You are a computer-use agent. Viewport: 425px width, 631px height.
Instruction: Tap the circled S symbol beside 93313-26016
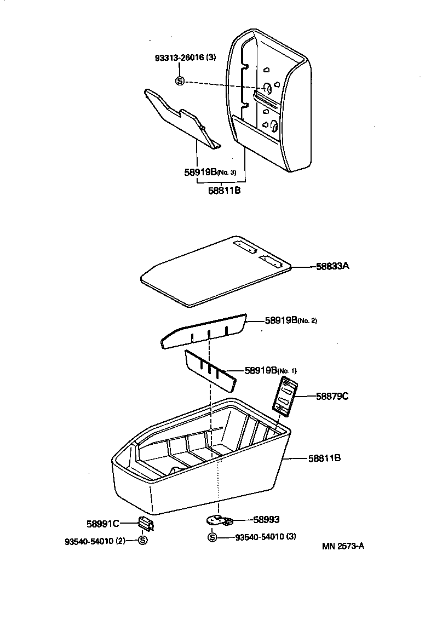click(x=179, y=81)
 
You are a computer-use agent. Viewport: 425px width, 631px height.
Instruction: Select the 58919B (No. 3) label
click(x=210, y=171)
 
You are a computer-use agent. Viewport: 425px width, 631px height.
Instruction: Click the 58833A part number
click(x=332, y=266)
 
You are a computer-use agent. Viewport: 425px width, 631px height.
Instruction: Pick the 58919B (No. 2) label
click(x=290, y=320)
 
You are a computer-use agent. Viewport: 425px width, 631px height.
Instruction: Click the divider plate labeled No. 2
click(x=203, y=332)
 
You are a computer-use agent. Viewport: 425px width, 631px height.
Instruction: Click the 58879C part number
click(x=332, y=395)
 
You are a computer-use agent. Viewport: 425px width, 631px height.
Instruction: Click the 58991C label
click(x=102, y=524)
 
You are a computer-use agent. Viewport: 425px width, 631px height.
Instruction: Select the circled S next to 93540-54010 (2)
click(x=142, y=541)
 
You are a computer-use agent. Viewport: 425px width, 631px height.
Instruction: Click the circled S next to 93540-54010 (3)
click(x=213, y=537)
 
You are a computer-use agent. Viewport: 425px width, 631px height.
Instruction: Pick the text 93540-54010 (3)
click(x=265, y=537)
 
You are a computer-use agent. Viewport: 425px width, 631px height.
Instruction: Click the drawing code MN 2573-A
click(x=343, y=546)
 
